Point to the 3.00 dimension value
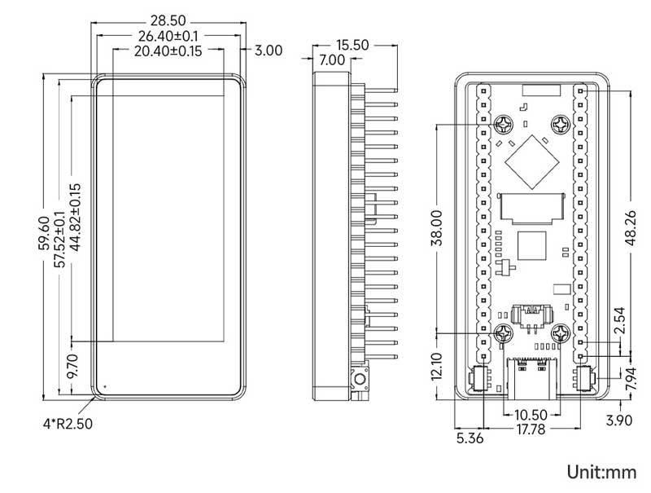click(268, 51)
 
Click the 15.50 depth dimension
click(351, 45)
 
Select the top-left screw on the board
click(505, 125)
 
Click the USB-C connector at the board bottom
click(532, 377)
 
